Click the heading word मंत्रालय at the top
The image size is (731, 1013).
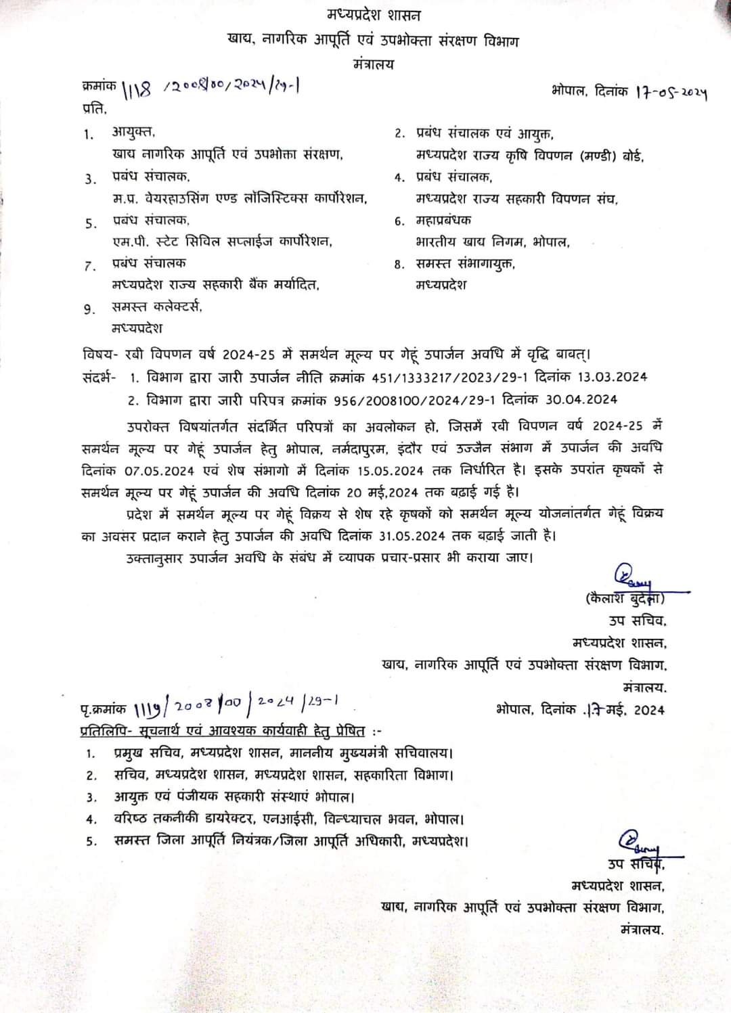point(373,65)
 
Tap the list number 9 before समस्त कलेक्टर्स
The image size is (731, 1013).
point(89,309)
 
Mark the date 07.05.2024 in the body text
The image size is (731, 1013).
point(160,470)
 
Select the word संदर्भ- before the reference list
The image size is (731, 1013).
point(99,377)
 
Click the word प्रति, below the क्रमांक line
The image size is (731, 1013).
point(94,108)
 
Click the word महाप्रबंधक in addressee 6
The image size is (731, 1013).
point(443,220)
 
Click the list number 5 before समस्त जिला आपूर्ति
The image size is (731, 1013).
point(91,842)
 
